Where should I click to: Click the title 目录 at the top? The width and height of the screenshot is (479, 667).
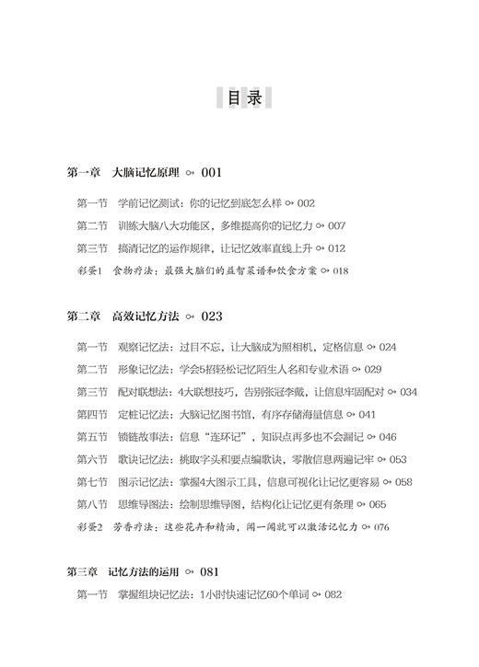pos(239,96)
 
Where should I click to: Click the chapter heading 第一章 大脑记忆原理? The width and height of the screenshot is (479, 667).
pos(123,172)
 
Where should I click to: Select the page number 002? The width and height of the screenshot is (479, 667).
pos(307,203)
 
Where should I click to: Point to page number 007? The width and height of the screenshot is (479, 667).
pos(336,225)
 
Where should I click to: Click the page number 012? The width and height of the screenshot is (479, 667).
pos(336,248)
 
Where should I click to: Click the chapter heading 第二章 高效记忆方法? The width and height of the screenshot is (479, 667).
pos(123,316)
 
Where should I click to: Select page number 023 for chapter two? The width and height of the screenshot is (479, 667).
pos(212,316)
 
